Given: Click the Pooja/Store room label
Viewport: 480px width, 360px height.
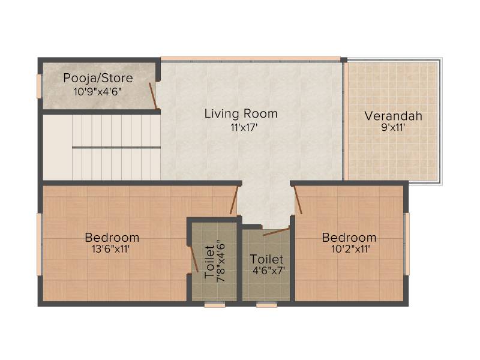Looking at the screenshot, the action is (98, 79).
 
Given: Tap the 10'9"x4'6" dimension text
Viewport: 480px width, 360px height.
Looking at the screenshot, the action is (98, 92).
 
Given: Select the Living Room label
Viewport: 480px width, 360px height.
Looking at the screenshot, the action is (241, 113).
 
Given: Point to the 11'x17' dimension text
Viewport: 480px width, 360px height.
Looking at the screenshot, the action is (244, 127).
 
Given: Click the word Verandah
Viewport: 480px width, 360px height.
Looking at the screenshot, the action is (394, 116).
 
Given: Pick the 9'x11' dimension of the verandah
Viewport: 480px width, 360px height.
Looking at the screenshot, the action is (393, 127).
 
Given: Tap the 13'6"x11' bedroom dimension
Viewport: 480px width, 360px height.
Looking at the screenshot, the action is (111, 249).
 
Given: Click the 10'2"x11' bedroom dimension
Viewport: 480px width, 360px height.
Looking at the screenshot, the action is (351, 249).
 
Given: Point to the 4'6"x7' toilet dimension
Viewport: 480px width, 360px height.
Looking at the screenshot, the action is (269, 271).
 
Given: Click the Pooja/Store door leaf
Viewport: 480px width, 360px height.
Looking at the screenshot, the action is (153, 96).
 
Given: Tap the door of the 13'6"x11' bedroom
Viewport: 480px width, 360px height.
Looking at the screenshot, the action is (234, 200).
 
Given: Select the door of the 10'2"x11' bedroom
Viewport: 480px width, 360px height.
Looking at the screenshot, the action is (298, 200).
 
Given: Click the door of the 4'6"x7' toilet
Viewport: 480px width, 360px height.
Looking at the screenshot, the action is (276, 231).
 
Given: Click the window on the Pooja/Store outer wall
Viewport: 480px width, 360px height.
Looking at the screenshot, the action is (39, 86).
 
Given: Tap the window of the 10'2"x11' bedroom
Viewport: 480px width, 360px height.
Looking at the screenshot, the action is (407, 244).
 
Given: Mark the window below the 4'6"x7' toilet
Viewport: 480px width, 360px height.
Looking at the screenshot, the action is (266, 305).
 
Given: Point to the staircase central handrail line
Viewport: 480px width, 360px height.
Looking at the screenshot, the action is (116, 148).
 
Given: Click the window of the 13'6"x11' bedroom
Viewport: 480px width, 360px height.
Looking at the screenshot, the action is (40, 244).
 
